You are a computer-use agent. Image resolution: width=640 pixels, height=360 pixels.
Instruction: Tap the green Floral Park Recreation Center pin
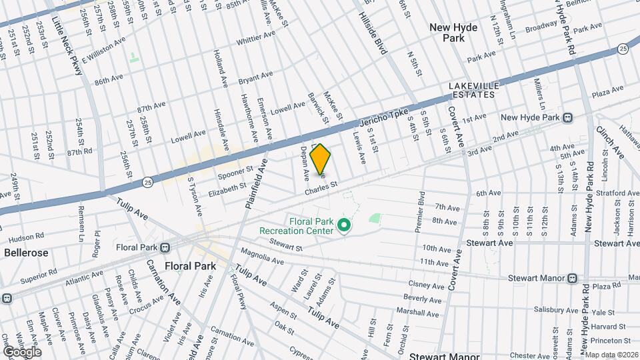tap(344, 226)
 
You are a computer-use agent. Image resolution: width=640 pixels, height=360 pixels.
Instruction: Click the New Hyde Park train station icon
tap(567, 118)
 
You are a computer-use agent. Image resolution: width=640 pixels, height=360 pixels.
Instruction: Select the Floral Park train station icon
tap(166, 247)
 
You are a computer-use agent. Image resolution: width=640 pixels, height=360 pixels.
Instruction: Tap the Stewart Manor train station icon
tap(572, 277)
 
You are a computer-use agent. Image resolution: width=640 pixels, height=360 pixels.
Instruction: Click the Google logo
tap(21, 351)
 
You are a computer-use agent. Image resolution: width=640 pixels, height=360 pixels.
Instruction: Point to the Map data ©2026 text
tap(611, 355)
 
